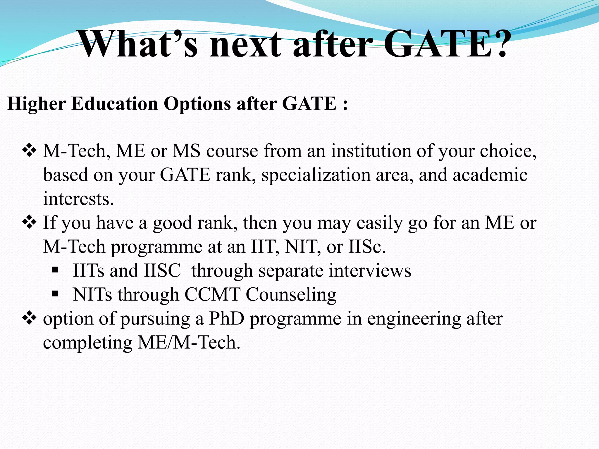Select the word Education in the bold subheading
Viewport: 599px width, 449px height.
115,103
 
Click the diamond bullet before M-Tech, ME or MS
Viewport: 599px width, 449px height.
29,151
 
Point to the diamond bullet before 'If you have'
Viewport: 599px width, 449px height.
29,223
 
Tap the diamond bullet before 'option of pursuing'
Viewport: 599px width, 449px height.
29,319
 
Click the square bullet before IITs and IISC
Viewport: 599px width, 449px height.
55,270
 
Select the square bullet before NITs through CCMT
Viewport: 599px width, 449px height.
55,294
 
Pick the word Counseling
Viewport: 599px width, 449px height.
291,295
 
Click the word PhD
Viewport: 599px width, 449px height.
226,319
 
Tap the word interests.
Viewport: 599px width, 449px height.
78,199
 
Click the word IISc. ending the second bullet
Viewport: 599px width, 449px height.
367,247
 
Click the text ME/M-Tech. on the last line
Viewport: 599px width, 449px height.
189,342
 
